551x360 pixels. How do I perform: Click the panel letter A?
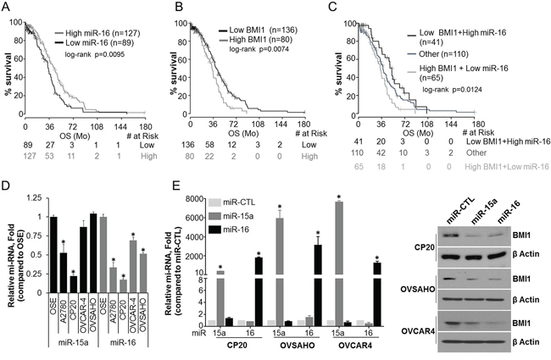point(8,8)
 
